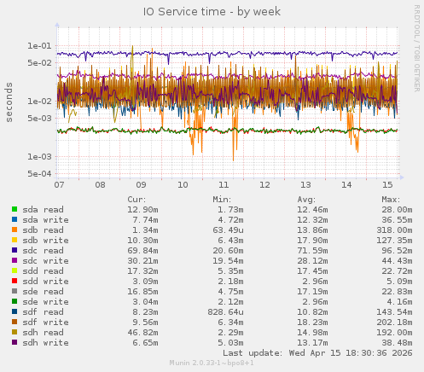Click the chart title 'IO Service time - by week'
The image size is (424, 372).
(211, 12)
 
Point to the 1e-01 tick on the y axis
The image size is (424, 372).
(38, 45)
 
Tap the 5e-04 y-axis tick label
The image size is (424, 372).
(38, 173)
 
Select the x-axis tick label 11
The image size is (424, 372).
(224, 184)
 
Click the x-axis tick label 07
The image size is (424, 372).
(59, 184)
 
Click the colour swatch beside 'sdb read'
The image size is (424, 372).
(15, 230)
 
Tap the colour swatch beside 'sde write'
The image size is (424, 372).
(15, 301)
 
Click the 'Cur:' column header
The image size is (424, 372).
(136, 199)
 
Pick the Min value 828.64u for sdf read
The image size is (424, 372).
(226, 311)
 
